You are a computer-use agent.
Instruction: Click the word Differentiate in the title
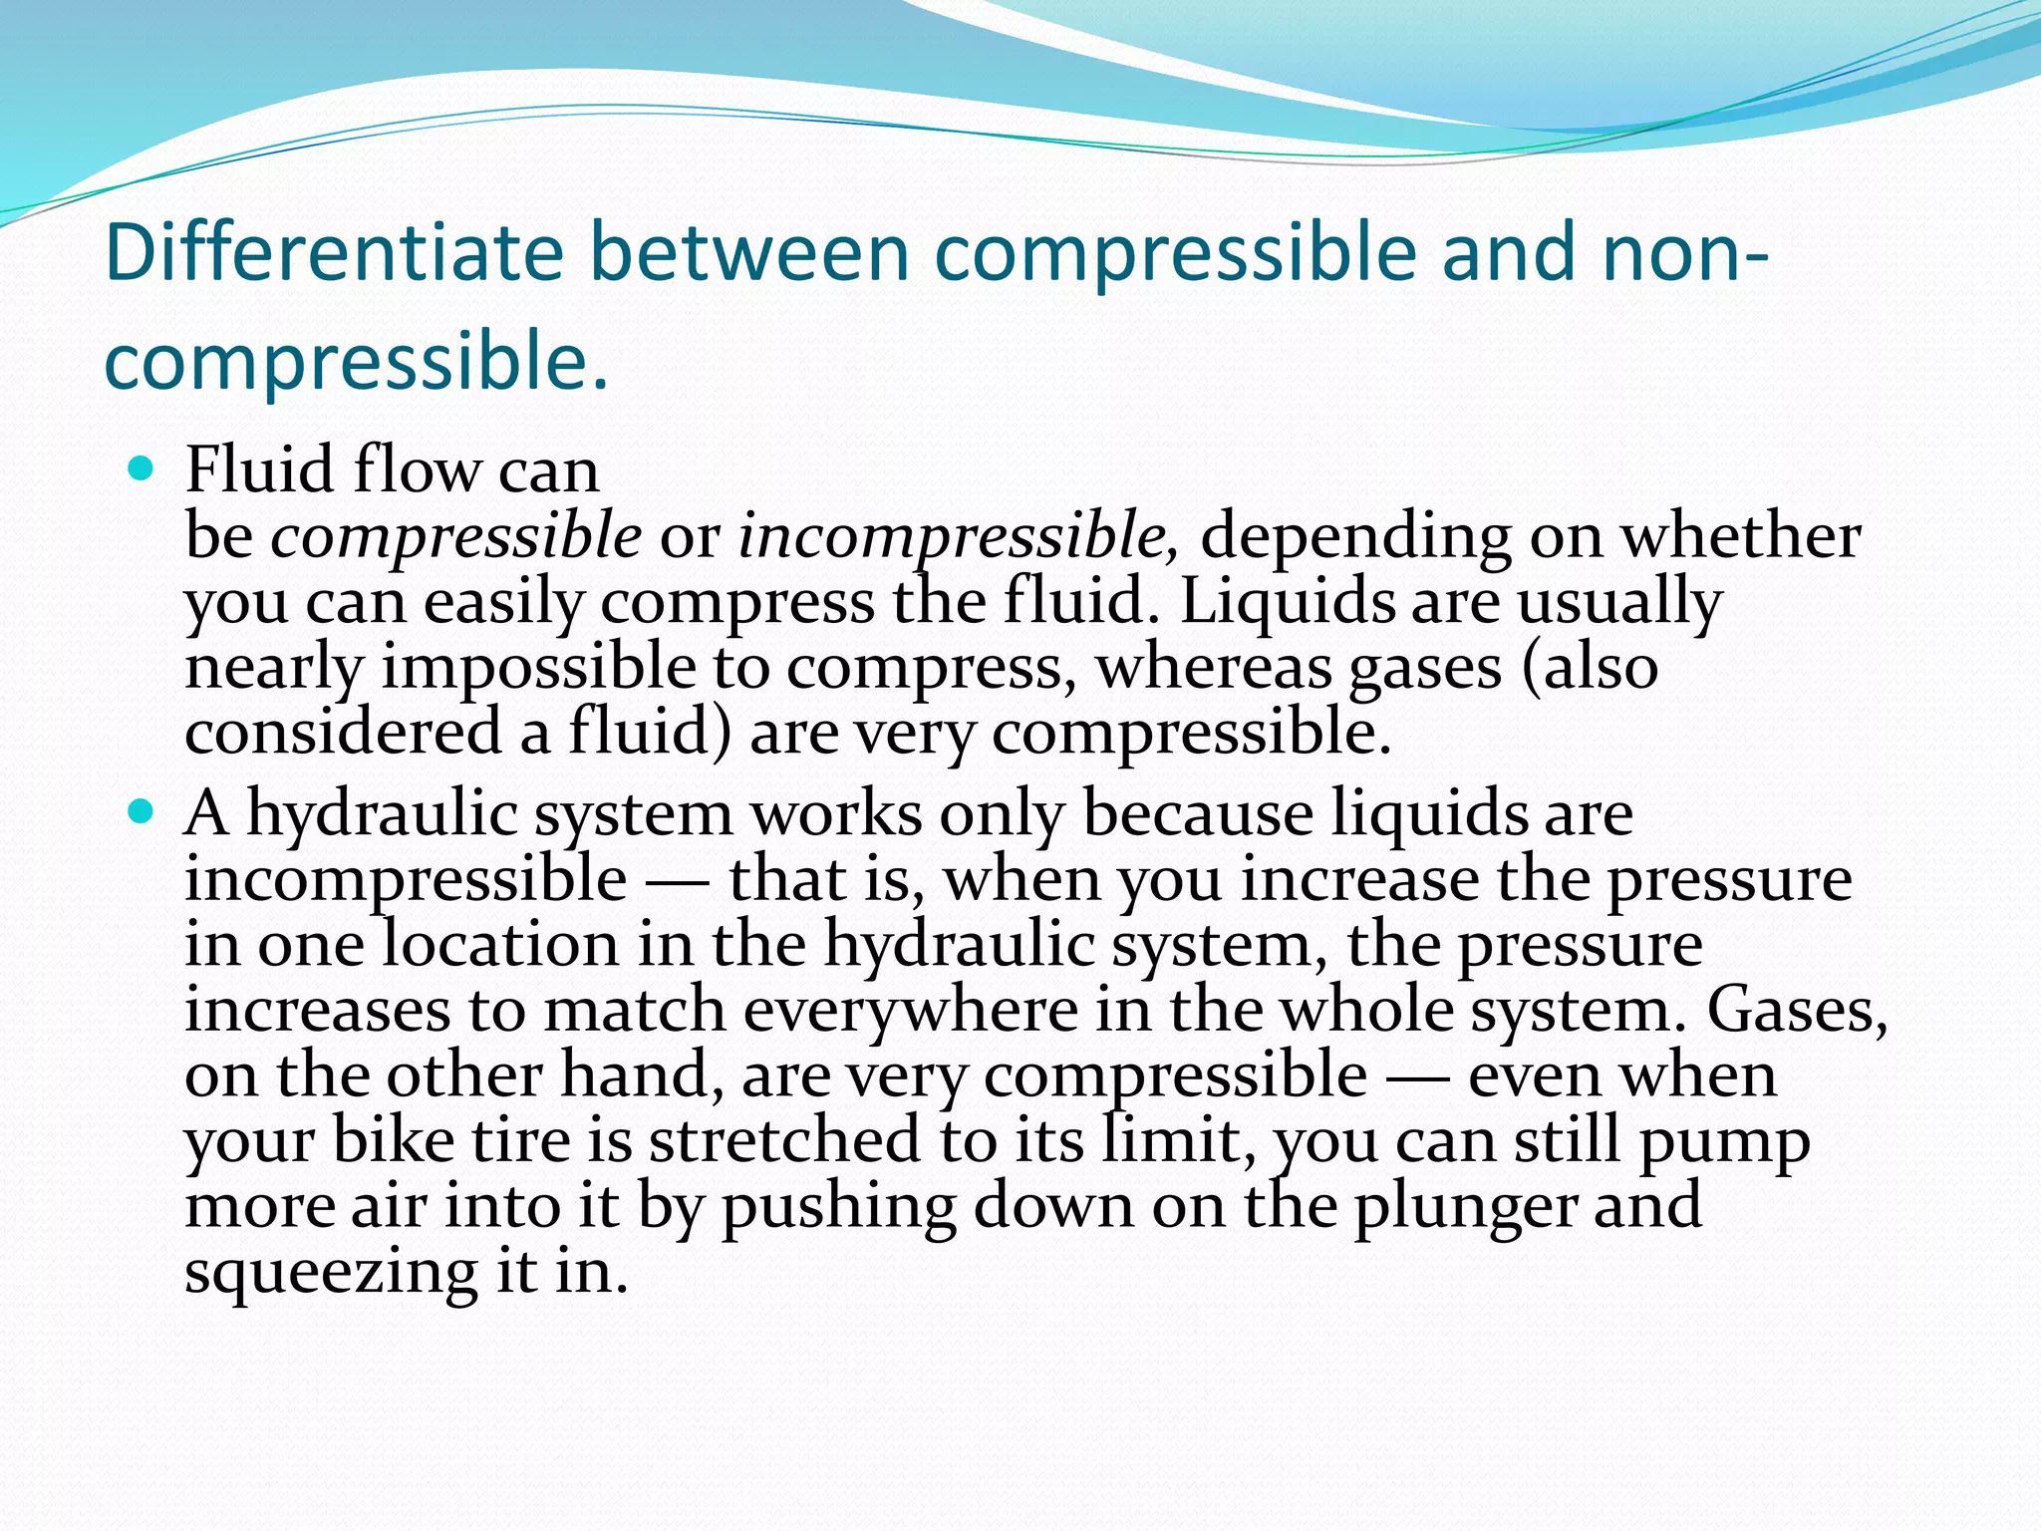334,253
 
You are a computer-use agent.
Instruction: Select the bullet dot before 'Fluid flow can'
142,468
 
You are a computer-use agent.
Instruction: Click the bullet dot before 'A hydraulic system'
142,812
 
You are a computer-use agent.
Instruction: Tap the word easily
502,603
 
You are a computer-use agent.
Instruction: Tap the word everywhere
910,1010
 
